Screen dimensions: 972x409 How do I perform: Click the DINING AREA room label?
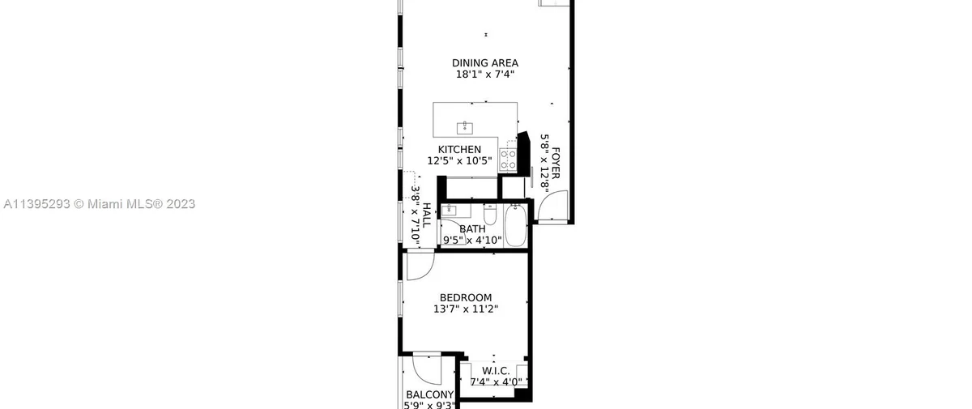tap(485, 63)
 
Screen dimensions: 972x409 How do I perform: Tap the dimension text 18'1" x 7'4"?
tap(485, 75)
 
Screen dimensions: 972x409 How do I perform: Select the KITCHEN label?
tap(459, 150)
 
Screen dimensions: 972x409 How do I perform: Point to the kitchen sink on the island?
tap(465, 129)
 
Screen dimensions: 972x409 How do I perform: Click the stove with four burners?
tap(508, 160)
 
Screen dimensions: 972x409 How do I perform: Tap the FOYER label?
tap(556, 163)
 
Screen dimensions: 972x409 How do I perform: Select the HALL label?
tap(427, 215)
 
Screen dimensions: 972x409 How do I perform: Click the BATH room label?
tap(472, 229)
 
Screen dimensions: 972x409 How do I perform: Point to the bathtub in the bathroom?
tap(515, 225)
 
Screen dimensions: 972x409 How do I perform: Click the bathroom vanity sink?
tap(449, 211)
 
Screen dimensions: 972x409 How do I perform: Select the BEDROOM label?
tap(466, 298)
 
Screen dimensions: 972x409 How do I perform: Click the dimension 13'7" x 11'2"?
tap(466, 309)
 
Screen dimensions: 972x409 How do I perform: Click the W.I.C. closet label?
tap(496, 371)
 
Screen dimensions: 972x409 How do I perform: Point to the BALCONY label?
tap(429, 395)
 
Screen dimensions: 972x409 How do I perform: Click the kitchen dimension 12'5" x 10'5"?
tap(459, 161)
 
